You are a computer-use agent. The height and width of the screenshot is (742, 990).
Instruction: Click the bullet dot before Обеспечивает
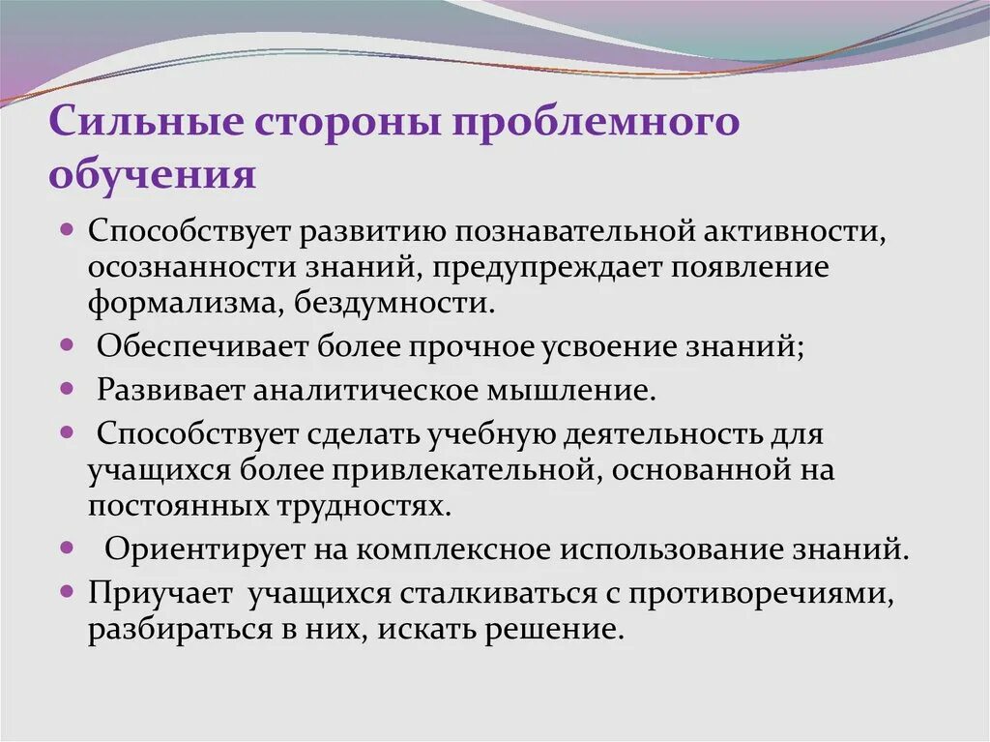[x=67, y=343]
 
